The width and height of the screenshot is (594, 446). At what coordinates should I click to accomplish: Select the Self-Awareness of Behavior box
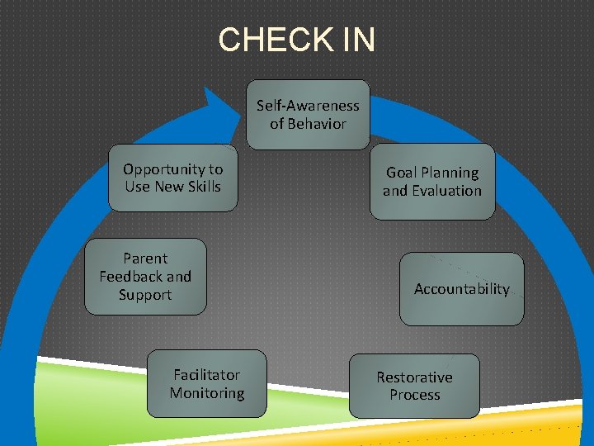click(x=308, y=114)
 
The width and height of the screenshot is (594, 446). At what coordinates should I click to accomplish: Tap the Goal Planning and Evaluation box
click(x=431, y=182)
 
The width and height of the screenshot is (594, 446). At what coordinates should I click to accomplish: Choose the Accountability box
click(x=461, y=289)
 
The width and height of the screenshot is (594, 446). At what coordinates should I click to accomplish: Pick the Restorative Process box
click(x=414, y=386)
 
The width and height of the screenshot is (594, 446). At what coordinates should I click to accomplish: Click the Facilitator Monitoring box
click(x=207, y=384)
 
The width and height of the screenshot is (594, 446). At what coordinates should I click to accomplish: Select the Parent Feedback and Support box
click(x=145, y=277)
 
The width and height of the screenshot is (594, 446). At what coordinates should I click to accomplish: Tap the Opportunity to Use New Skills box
click(x=172, y=178)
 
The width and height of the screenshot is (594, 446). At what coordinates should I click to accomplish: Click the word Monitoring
click(x=207, y=393)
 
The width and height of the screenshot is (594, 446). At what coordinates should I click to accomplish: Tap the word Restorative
click(x=414, y=377)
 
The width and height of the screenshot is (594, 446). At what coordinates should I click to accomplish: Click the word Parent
click(x=145, y=259)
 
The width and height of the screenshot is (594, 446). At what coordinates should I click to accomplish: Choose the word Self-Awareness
click(x=308, y=106)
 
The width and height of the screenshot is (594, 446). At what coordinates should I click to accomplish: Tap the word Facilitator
click(x=207, y=375)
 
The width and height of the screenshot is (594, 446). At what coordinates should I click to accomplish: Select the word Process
click(x=414, y=395)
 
